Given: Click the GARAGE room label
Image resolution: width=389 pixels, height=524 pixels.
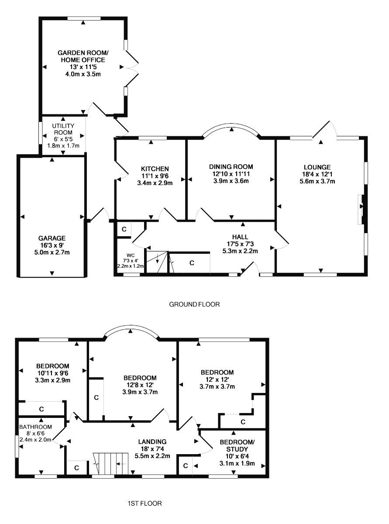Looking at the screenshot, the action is coord(52,238).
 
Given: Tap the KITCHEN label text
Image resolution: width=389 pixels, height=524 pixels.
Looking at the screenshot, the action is coord(155,169).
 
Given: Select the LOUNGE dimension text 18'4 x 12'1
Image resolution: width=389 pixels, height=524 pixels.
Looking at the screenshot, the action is coord(317,174).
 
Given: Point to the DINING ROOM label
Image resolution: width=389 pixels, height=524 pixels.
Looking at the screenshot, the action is coord(231,167).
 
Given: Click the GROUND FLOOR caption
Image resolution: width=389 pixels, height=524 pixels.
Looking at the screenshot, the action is coord(194,304).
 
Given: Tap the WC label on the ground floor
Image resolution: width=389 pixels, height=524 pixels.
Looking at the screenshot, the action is coord(131,255).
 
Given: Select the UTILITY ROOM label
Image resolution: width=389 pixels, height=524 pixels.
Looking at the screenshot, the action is coord(63,129).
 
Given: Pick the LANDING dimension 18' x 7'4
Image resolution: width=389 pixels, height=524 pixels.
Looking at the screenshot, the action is coord(152,449).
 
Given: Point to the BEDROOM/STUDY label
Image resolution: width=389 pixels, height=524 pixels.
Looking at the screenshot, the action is coord(237,445).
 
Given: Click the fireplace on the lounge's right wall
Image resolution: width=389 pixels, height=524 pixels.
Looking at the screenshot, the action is coord(361,209).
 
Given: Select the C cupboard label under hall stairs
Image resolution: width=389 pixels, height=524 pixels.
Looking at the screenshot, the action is coord(192,263).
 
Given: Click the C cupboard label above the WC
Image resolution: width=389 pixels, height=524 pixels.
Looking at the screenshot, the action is coord(124,229).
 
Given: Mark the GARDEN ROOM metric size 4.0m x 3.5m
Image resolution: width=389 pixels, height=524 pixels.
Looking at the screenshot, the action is coord(83,74).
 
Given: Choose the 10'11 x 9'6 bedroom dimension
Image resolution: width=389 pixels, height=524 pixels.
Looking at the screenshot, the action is coord(53,373).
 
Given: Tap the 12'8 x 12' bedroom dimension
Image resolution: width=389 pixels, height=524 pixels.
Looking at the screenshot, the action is coord(140,385).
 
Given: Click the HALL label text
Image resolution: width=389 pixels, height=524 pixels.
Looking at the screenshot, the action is coord(240,237).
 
